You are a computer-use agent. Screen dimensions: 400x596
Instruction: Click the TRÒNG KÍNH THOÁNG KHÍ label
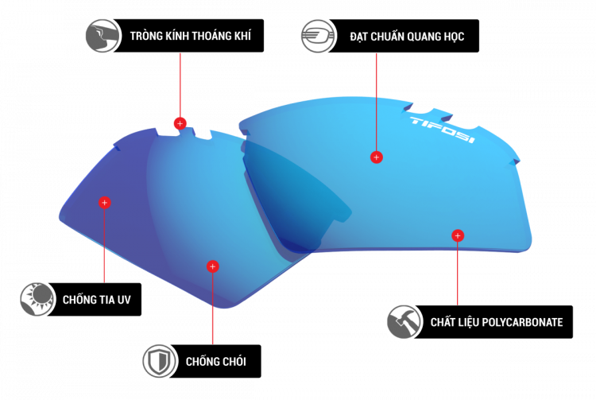click(194, 37)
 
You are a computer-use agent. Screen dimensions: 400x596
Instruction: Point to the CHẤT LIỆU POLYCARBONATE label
click(496, 322)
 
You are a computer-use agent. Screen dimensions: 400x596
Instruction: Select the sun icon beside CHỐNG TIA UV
click(36, 300)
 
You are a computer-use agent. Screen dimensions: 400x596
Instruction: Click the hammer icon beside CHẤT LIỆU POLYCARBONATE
click(403, 322)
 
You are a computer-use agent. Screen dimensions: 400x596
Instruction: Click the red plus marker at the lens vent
click(180, 123)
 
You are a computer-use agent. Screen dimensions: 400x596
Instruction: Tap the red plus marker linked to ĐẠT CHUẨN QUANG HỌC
click(376, 157)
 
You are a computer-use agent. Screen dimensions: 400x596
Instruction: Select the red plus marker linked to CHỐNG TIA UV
click(104, 203)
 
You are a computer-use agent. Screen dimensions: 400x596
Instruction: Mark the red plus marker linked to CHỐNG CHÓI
click(211, 266)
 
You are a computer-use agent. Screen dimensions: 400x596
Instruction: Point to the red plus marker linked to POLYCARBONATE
click(457, 235)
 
